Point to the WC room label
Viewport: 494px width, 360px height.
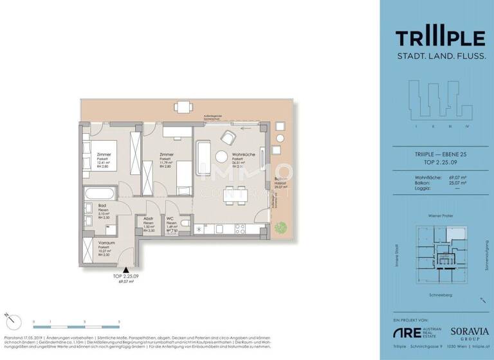point(170,219)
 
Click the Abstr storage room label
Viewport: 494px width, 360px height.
point(148,219)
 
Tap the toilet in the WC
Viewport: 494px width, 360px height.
point(185,223)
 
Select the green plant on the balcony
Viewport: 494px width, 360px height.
point(280,226)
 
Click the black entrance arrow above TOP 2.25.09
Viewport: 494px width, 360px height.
point(127,271)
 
